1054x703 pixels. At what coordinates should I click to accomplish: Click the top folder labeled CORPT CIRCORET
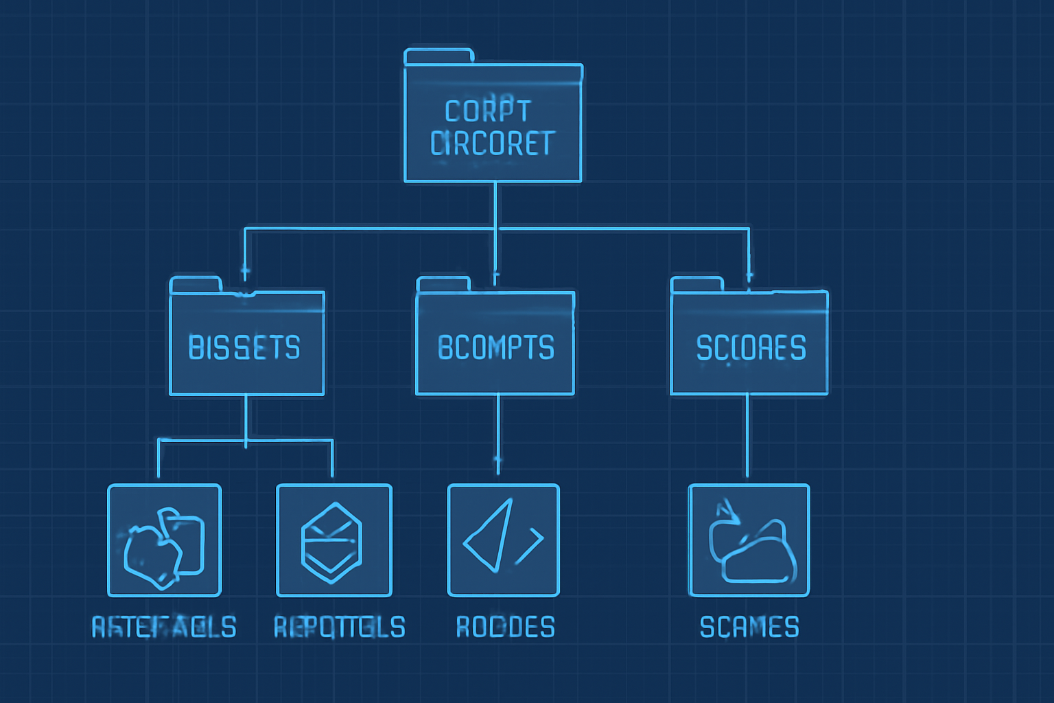coord(493,124)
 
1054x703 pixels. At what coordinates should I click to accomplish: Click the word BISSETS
coord(244,348)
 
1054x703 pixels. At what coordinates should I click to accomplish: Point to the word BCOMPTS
coord(495,348)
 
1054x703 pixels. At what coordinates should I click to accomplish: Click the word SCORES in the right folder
coord(751,348)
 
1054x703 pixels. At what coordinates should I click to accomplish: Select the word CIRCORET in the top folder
coord(492,143)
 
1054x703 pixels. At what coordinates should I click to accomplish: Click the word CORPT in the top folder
coord(487,111)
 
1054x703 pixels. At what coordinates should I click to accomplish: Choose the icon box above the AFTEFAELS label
coord(165,540)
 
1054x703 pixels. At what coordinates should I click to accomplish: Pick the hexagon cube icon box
coord(333,540)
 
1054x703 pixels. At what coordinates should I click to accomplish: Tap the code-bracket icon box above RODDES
coord(504,540)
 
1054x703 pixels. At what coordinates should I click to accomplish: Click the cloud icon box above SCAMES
coord(749,540)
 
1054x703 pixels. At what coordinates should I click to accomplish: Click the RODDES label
coord(506,627)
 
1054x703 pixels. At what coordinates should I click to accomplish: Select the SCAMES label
coord(749,627)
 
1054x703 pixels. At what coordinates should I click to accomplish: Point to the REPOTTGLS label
coord(339,627)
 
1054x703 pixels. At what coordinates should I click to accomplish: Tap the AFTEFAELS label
coord(164,627)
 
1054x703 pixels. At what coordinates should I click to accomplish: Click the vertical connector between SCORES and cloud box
coord(747,437)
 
